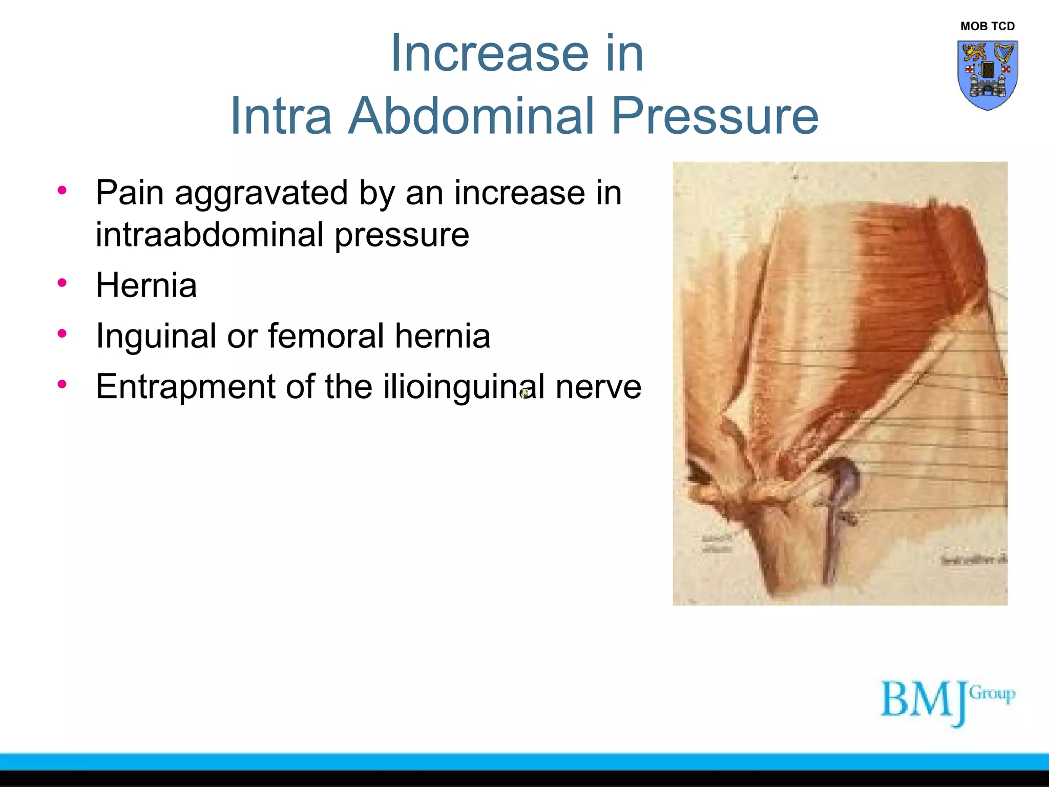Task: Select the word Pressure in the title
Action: pyautogui.click(x=715, y=116)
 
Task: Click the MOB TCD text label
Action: pyautogui.click(x=987, y=26)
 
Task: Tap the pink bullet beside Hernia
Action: pyautogui.click(x=62, y=283)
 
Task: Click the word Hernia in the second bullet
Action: pyautogui.click(x=146, y=285)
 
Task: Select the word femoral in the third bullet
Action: pyautogui.click(x=326, y=336)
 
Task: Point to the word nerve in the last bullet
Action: pyautogui.click(x=598, y=387)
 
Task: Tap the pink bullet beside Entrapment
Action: pyautogui.click(x=62, y=384)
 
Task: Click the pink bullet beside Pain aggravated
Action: pyautogui.click(x=62, y=191)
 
